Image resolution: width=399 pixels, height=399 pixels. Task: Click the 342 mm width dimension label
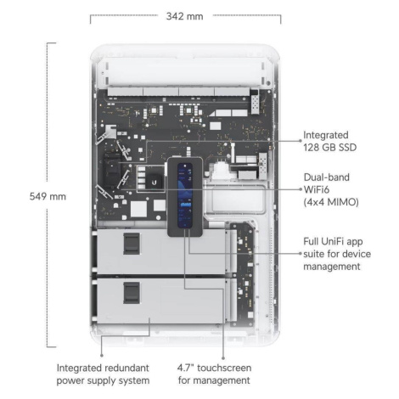click(x=184, y=16)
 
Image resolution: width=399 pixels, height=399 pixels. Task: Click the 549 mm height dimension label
click(x=48, y=196)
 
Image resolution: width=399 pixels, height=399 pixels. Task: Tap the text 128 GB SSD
click(x=329, y=148)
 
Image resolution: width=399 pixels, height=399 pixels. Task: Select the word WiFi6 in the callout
click(x=317, y=189)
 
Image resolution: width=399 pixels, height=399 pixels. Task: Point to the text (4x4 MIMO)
click(x=331, y=202)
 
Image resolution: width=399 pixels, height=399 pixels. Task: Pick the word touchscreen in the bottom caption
click(x=224, y=368)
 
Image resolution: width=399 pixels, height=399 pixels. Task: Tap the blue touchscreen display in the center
click(x=185, y=195)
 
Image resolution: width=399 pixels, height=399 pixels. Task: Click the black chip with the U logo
click(x=154, y=182)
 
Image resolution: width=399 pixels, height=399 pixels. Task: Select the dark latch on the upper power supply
click(x=132, y=244)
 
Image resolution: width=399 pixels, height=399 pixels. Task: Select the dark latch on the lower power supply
click(x=132, y=293)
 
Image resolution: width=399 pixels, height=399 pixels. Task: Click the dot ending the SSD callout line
click(x=301, y=140)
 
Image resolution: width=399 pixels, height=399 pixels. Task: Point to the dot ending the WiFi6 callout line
click(x=301, y=189)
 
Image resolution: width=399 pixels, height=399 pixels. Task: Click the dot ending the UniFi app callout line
click(x=301, y=254)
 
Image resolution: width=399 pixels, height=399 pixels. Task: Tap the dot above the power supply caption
click(x=102, y=356)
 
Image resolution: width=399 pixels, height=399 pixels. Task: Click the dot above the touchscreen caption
click(x=223, y=358)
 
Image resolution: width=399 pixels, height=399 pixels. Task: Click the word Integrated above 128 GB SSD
click(x=326, y=135)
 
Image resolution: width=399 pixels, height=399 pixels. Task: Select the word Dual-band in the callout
click(x=327, y=177)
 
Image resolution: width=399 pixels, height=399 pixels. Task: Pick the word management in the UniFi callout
click(x=332, y=267)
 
